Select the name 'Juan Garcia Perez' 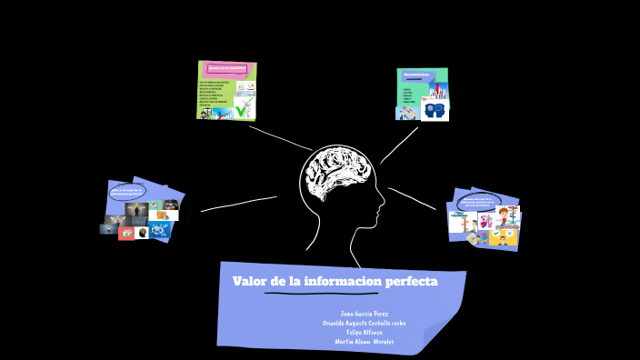coord(364,314)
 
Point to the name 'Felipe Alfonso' coord(365,332)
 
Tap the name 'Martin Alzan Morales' coord(365,342)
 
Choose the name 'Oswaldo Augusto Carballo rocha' coord(365,323)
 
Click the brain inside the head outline coord(335,175)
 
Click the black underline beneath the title coord(321,295)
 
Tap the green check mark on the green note coord(243,109)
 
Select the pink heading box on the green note coord(226,68)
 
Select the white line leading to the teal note coord(400,145)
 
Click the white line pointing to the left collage coord(238,204)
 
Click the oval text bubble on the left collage coord(126,191)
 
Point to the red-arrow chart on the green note coord(245,88)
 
